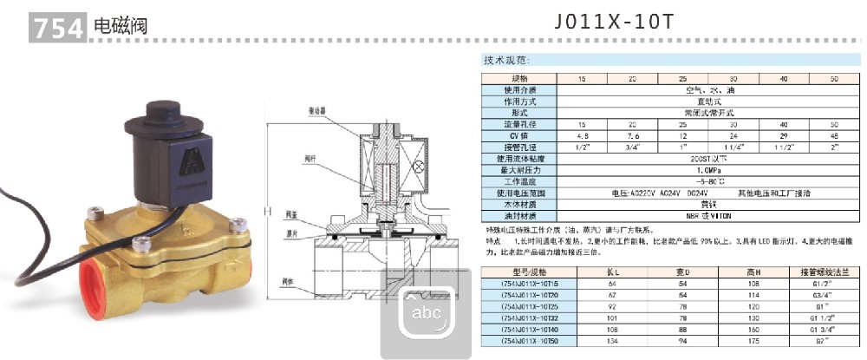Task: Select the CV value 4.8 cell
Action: [x=582, y=135]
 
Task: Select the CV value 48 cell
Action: [x=834, y=135]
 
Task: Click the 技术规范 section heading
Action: [x=506, y=62]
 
